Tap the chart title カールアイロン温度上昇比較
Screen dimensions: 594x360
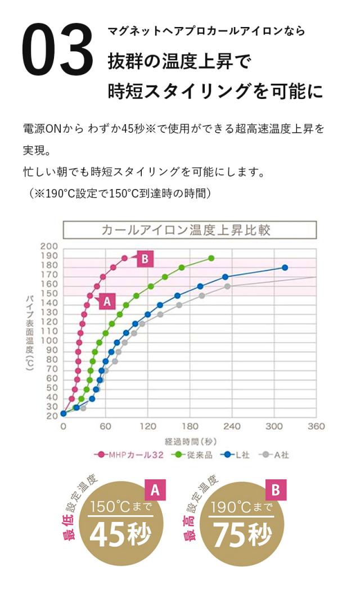(x=190, y=230)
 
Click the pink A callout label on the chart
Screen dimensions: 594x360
(x=106, y=301)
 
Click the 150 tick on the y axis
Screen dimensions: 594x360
(x=49, y=294)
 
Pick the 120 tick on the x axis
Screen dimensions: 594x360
(x=147, y=426)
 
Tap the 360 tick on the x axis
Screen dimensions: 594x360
(x=317, y=426)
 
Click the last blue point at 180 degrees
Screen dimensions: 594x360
(x=285, y=268)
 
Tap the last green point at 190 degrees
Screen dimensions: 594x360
(x=211, y=258)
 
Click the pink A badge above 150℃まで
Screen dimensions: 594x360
(x=155, y=490)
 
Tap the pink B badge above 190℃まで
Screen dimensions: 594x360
(x=276, y=490)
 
